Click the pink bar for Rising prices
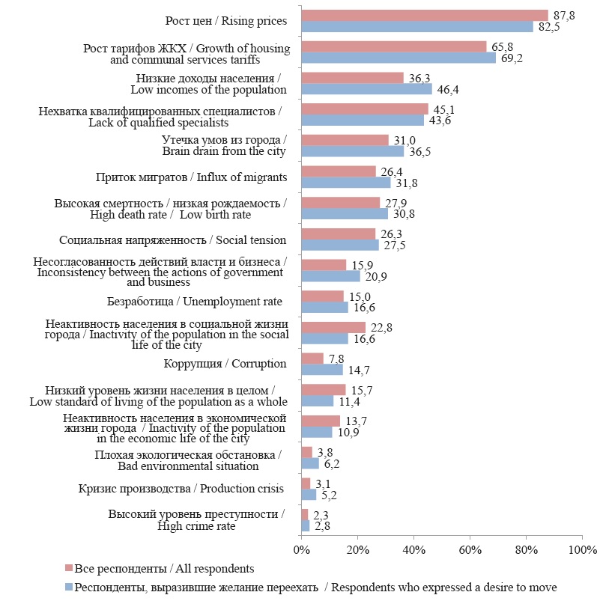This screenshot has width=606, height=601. pyautogui.click(x=424, y=15)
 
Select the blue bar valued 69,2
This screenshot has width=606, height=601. pyautogui.click(x=398, y=58)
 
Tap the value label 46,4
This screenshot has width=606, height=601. pyautogui.click(x=447, y=89)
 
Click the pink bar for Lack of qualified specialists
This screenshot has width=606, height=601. pyautogui.click(x=364, y=109)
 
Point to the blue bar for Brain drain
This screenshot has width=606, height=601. pyautogui.click(x=352, y=151)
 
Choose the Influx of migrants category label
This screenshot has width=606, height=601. pyautogui.click(x=191, y=177)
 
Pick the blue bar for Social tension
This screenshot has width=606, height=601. pyautogui.click(x=339, y=245)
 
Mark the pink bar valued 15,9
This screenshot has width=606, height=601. pyautogui.click(x=323, y=265)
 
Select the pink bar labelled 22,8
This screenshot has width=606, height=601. pyautogui.click(x=333, y=327)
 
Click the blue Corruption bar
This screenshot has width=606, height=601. pyautogui.click(x=321, y=370)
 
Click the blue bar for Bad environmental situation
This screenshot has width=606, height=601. pyautogui.click(x=309, y=463)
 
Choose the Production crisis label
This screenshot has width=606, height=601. pyautogui.click(x=181, y=489)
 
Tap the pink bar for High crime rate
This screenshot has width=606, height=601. pyautogui.click(x=304, y=514)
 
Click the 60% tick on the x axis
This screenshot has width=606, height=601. pyautogui.click(x=470, y=550)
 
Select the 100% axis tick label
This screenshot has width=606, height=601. pyautogui.click(x=582, y=550)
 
